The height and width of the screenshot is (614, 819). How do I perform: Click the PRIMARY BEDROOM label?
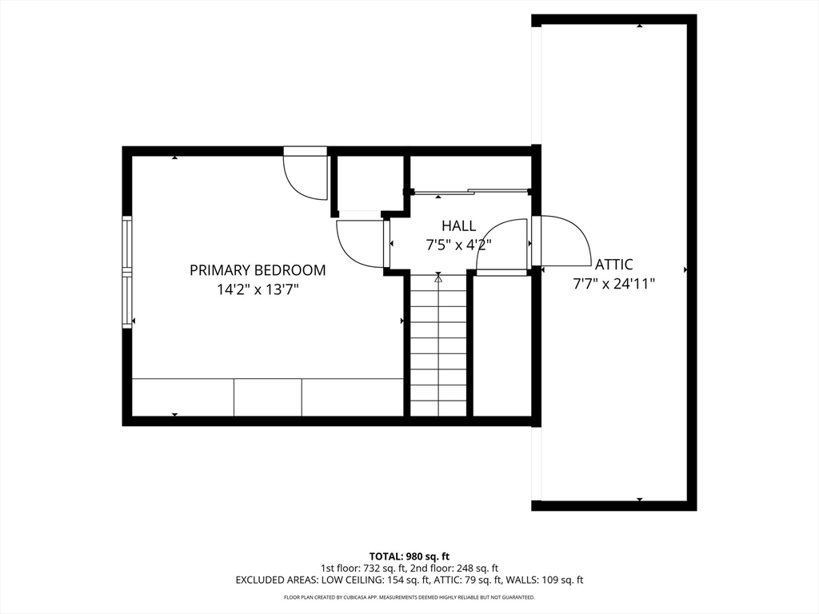tap(258, 270)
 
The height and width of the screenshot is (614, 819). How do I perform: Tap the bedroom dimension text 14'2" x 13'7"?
tap(258, 289)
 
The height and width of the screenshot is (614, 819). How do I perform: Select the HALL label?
tap(458, 226)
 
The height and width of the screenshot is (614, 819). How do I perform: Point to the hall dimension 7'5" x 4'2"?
tap(458, 245)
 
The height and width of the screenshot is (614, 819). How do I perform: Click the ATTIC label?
tap(613, 264)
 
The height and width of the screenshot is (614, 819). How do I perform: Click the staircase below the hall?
tap(438, 352)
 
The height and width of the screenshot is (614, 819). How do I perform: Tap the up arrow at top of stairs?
tap(438, 278)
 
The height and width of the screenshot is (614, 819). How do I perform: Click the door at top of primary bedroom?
tap(305, 174)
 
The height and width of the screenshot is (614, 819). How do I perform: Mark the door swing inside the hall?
tap(502, 246)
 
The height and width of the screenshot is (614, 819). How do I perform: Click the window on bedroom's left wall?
tap(126, 272)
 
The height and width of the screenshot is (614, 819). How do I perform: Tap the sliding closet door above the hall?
tap(470, 191)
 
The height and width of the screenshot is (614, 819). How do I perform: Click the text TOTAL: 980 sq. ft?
tap(409, 556)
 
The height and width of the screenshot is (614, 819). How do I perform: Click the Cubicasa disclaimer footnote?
tap(409, 597)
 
